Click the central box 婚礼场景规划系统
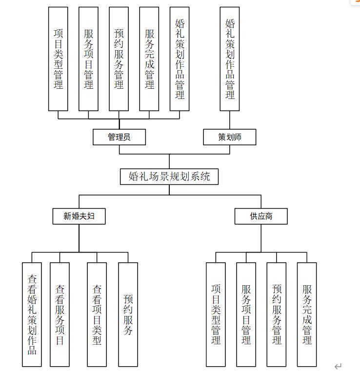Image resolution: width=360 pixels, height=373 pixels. pos(169,177)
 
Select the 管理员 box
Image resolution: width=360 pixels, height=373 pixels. pos(119,137)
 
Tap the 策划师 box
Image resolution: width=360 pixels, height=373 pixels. pos(229,137)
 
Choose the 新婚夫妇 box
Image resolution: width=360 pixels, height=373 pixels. pos(79,216)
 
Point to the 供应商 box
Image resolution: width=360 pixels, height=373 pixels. pos(261,216)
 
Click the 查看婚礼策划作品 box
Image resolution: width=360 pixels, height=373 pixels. pos(32,314)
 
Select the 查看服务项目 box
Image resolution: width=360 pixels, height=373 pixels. pos(60,314)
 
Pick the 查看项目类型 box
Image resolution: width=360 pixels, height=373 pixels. pos(97,314)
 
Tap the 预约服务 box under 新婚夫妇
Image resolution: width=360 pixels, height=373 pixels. pos(128,314)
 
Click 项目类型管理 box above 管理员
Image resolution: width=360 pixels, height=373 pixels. pos(58,59)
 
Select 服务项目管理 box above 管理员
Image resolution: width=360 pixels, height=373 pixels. pos(88,59)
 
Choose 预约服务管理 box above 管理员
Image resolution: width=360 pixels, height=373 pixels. pos(119,59)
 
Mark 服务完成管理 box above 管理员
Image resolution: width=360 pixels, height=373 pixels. pos(149,59)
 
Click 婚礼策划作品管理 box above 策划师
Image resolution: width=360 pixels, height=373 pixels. pos(230,59)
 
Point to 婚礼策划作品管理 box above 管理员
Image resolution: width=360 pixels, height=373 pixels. pos(180,59)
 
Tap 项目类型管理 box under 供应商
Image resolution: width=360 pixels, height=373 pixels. pos(216,314)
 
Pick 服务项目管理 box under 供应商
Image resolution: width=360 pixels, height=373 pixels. pos(246,314)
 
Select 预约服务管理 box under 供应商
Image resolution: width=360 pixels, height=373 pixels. pos(277,314)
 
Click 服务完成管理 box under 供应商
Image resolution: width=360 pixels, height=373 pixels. pos(307,314)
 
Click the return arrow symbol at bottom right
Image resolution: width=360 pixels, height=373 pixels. pos(338,366)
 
